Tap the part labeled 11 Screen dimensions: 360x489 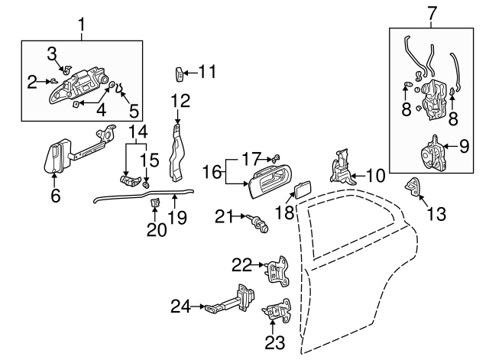click(x=180, y=74)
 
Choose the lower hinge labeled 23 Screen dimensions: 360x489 click(x=277, y=313)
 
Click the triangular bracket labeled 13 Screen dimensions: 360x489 click(x=413, y=186)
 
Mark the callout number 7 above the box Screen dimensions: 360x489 click(x=432, y=13)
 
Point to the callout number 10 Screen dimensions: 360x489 click(x=375, y=175)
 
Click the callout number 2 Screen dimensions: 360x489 click(x=32, y=81)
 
